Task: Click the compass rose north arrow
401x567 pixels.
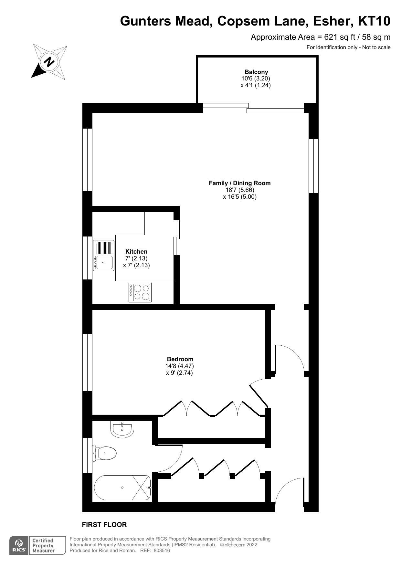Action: click(49, 61)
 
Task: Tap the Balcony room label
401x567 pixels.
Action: click(256, 72)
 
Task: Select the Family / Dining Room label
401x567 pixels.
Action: click(239, 183)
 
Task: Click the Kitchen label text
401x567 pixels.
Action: click(136, 251)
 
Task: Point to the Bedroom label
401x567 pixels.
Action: click(180, 359)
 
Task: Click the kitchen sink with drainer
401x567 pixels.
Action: click(104, 256)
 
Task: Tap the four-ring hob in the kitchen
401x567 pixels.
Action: click(140, 292)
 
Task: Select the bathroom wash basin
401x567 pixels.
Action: click(122, 429)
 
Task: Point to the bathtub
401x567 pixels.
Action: click(122, 488)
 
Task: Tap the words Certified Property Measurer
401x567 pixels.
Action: click(43, 546)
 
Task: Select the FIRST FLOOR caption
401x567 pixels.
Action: click(104, 525)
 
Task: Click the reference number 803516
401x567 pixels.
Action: click(162, 551)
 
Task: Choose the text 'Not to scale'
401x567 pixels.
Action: click(376, 47)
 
